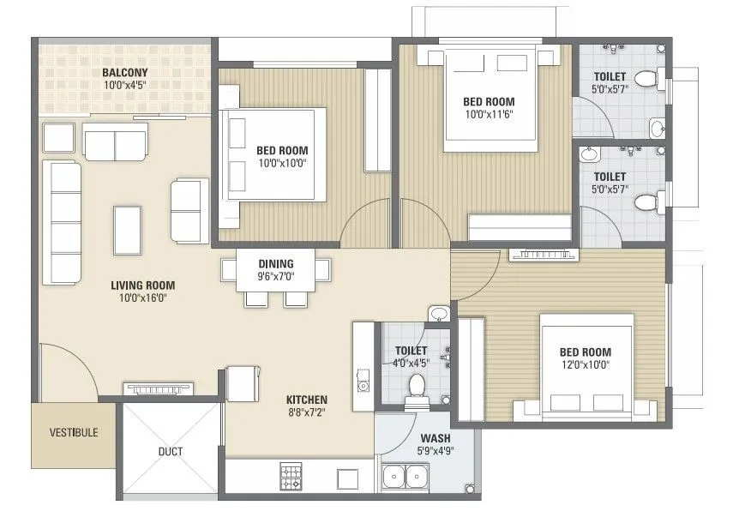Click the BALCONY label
[x=125, y=72]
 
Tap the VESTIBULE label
[x=73, y=432]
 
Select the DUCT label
[x=170, y=451]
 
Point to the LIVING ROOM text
[x=142, y=286]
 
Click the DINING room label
[x=276, y=263]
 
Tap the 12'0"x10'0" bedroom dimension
[x=585, y=365]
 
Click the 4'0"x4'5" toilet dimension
[x=411, y=363]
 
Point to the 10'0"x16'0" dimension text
[x=142, y=298]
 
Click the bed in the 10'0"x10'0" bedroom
[x=274, y=154]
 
